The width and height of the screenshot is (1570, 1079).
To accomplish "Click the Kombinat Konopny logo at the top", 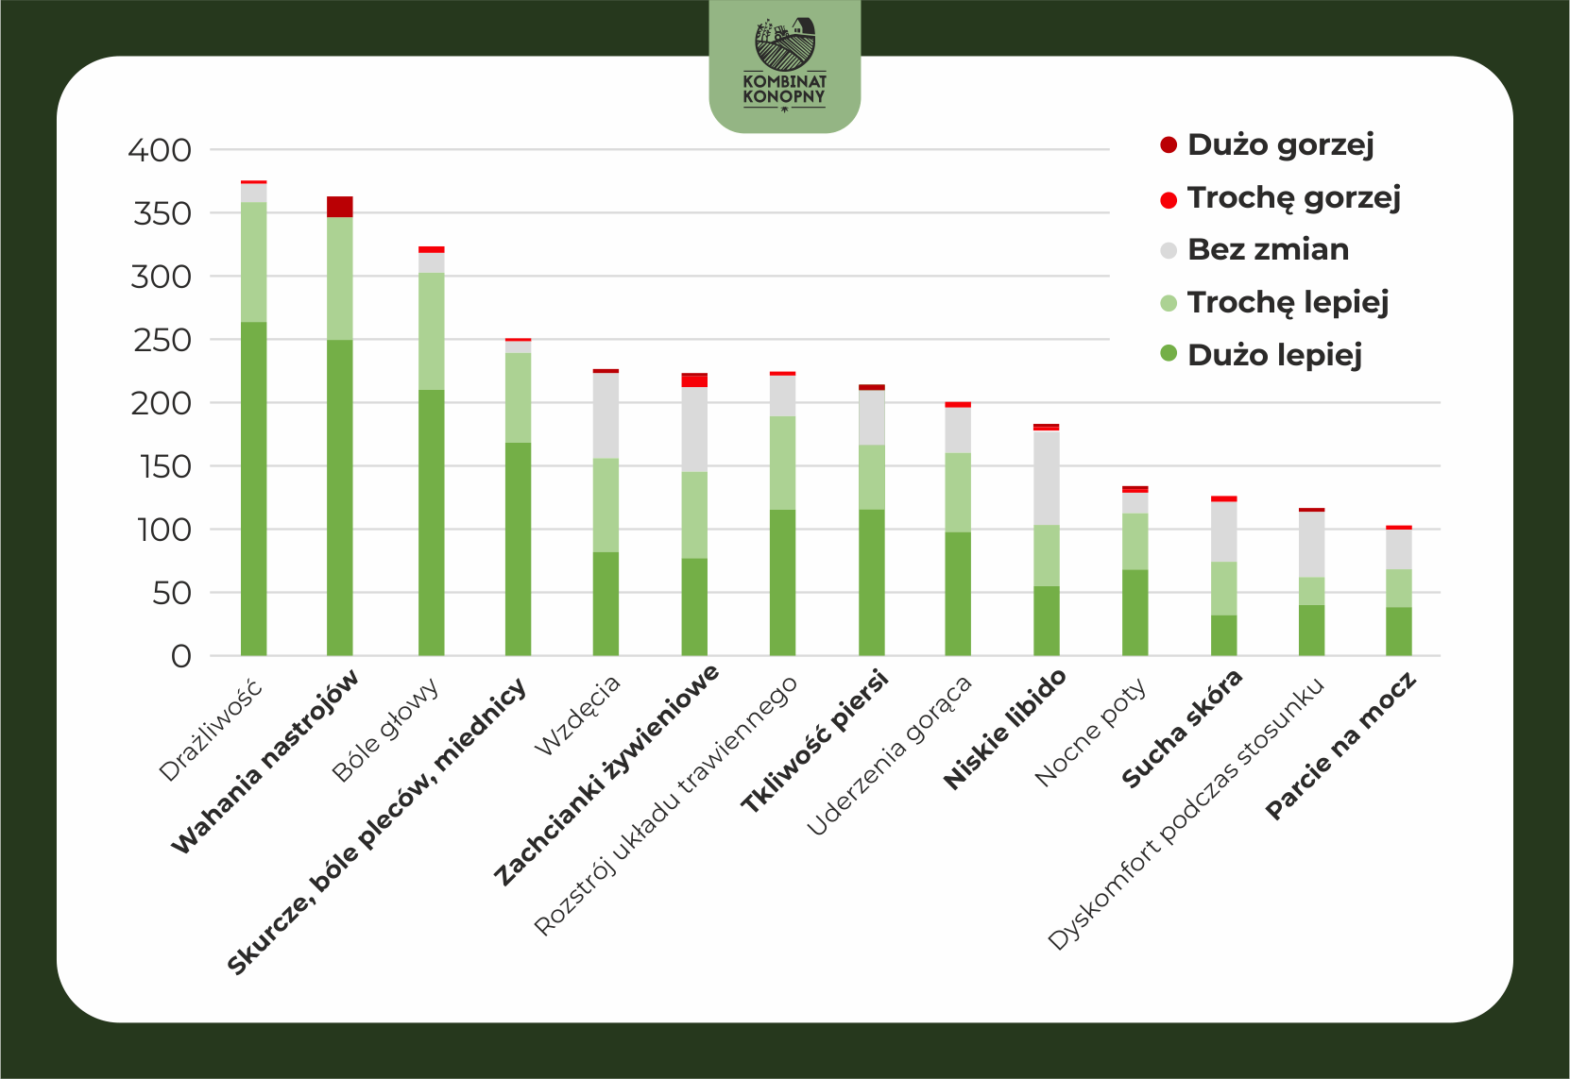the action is (784, 65).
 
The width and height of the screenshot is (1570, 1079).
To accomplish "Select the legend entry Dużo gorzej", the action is (1267, 145).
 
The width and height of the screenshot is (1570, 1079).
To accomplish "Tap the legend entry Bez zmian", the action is (1254, 250).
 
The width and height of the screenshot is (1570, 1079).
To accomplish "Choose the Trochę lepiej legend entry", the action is (1273, 302).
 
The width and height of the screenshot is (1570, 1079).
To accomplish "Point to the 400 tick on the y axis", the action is (159, 150).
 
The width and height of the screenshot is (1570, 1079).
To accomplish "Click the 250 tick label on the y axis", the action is (162, 340).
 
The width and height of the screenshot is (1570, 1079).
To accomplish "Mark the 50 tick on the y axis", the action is (172, 594).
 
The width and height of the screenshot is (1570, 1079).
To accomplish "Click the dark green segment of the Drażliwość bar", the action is (254, 489).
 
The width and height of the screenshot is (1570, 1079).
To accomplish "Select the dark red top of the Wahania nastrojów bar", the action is (340, 207).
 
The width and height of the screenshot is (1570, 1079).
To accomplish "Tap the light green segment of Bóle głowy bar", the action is (432, 331).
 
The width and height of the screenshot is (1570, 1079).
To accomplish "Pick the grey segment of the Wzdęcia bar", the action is (606, 416).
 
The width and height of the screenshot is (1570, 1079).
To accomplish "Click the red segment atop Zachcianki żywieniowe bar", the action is (694, 381).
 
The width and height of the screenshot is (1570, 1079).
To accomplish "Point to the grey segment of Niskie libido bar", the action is (1047, 479).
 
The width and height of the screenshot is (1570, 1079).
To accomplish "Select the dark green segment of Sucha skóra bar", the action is (1223, 635).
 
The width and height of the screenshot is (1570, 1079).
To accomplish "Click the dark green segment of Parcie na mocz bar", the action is (1399, 632).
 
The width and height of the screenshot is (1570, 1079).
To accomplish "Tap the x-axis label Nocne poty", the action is (1090, 732).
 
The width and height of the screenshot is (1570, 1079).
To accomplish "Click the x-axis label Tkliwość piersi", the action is (814, 741).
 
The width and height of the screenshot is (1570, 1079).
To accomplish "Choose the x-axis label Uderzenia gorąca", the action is (890, 756).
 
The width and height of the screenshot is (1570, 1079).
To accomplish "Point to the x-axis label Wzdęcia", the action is (577, 716).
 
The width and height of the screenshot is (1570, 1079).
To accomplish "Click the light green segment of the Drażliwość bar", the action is (254, 261).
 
